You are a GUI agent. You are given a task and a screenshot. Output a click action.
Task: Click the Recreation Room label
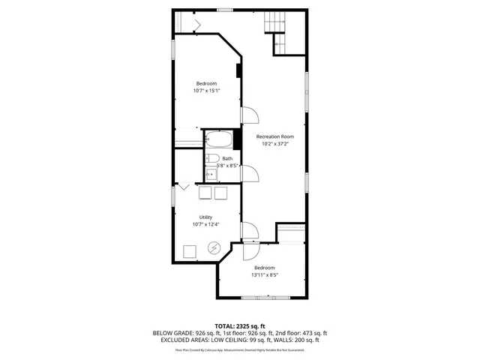point(274,136)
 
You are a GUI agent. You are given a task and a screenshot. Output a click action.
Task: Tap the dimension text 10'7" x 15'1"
point(206,91)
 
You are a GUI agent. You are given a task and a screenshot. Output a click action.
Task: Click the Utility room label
point(205,217)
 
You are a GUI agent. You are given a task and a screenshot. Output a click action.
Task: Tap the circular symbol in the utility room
point(214,247)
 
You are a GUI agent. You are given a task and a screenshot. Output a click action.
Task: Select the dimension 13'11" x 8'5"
point(264,274)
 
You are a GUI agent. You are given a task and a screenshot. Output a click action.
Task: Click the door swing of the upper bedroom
point(249,115)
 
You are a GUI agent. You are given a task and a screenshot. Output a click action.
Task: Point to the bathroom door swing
point(249,174)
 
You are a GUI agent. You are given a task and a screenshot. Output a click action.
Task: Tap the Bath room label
point(226,159)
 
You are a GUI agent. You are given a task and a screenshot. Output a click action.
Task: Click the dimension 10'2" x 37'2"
point(274,144)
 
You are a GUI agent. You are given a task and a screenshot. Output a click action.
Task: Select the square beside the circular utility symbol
point(190,251)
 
